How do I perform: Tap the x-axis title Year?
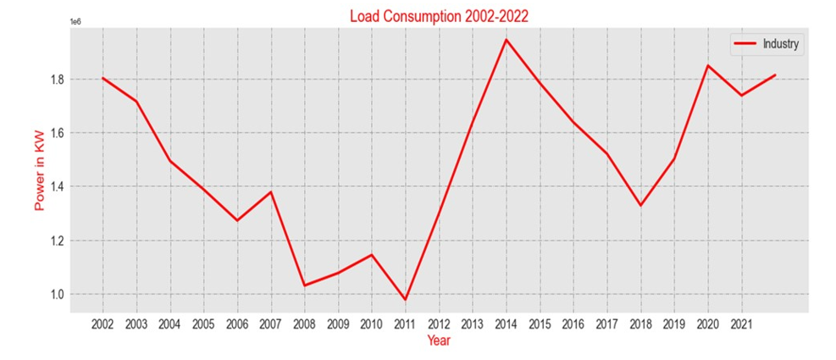coord(439,341)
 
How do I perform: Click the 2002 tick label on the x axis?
coord(102,324)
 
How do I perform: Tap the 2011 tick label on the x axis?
coord(405,324)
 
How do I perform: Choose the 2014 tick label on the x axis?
coord(507,324)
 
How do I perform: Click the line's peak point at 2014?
coord(507,40)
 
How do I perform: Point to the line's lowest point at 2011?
coord(405,300)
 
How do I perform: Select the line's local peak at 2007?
coord(271,191)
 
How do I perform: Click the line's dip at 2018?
coord(641,205)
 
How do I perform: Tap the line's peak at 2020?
coord(708,65)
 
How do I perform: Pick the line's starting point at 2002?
coord(102,78)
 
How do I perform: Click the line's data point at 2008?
coord(304,285)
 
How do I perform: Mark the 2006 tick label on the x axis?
coord(237,324)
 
